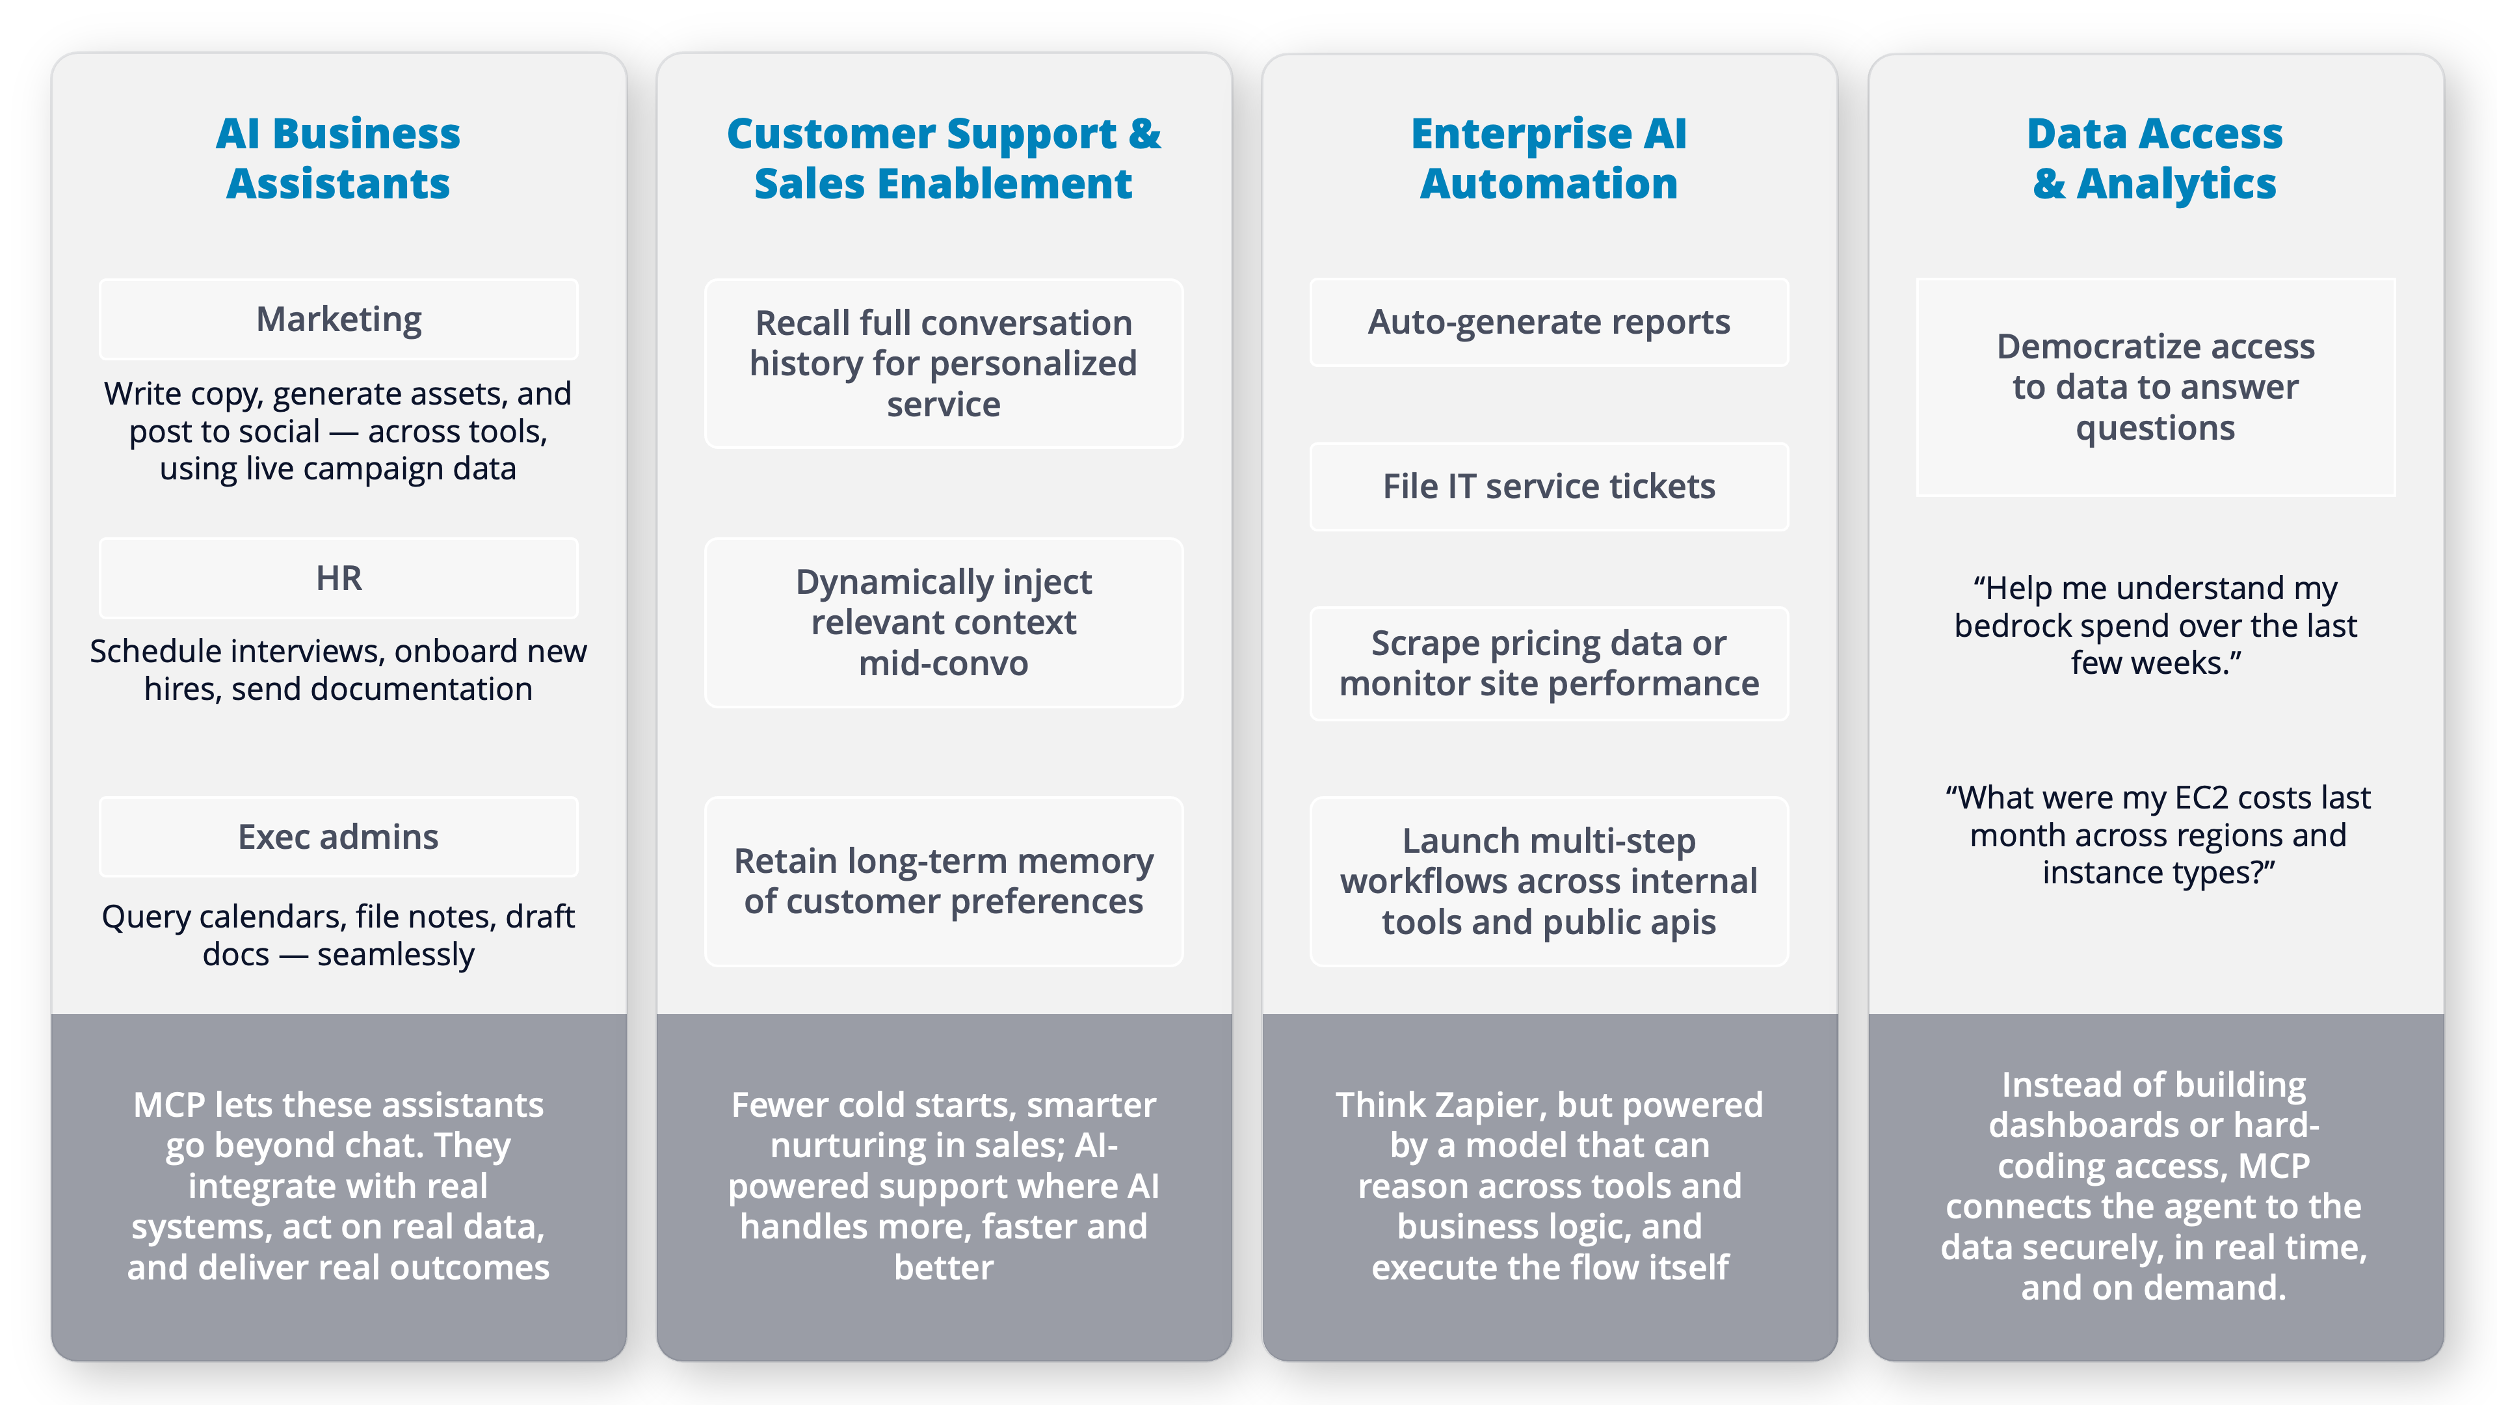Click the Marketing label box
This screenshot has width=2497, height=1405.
[x=338, y=319]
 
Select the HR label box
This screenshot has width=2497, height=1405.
[x=338, y=578]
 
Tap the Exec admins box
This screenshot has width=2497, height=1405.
[x=338, y=836]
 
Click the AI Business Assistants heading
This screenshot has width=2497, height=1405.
[x=338, y=158]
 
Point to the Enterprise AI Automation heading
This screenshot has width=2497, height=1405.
[x=1548, y=158]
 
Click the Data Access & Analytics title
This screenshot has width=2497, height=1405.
[x=2154, y=158]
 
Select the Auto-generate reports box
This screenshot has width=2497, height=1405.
[x=1548, y=322]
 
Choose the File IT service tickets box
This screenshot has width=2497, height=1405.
[x=1548, y=486]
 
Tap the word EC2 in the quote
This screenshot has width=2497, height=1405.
[x=2200, y=797]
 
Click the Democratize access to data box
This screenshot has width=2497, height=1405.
[x=2155, y=387]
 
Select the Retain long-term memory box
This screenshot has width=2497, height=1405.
[x=943, y=881]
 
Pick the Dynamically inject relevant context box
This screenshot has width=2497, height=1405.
[x=943, y=622]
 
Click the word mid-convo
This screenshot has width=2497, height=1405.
[x=943, y=663]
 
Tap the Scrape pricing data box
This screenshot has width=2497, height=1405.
[x=1548, y=663]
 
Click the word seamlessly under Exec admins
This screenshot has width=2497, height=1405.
[x=395, y=954]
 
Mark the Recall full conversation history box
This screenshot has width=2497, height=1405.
[x=943, y=363]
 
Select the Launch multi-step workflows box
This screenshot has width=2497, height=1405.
[x=1548, y=881]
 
